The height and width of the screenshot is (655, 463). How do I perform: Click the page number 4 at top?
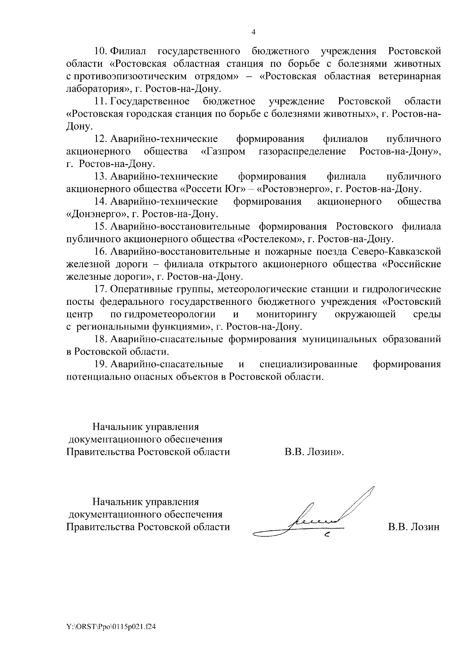coord(253,32)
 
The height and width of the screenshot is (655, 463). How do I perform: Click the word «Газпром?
coord(223,151)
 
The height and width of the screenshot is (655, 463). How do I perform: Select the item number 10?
coord(101,51)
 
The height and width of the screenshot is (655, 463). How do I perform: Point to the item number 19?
coord(101,364)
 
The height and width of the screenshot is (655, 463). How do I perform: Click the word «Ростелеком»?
coord(270,239)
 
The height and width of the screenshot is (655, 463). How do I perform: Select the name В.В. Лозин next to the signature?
coord(414,527)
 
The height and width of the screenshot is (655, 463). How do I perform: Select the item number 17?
coord(101,289)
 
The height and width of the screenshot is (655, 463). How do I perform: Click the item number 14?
coord(101,201)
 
